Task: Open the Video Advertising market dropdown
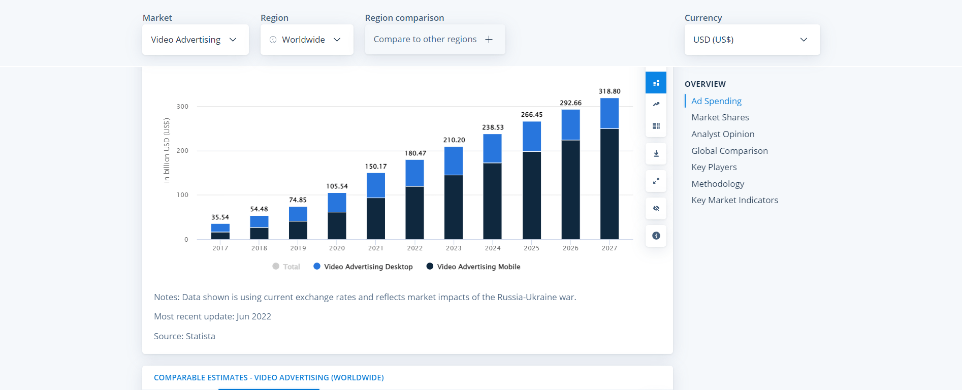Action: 195,40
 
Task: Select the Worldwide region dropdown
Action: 306,40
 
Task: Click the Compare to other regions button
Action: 434,40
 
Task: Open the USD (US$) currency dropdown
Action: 751,40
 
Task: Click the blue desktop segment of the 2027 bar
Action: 609,113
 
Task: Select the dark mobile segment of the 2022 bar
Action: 414,213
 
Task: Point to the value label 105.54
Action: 337,186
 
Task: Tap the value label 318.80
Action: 609,91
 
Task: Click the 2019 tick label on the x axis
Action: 298,248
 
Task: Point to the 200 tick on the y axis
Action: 182,151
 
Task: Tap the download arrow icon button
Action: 656,153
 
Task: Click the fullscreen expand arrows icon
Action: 656,181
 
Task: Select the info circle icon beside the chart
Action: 656,236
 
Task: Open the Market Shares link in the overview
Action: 720,117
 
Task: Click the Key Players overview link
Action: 714,167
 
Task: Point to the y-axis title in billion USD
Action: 167,150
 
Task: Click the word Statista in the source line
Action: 200,336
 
